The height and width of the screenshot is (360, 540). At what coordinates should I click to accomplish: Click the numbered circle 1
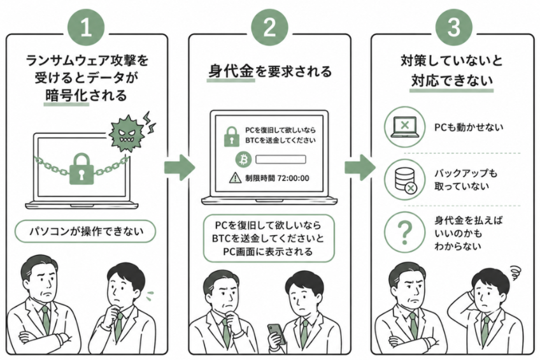pyautogui.click(x=86, y=27)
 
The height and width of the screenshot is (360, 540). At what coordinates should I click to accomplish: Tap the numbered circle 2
pyautogui.click(x=269, y=27)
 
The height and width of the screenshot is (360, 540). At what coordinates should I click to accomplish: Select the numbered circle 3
pyautogui.click(x=453, y=27)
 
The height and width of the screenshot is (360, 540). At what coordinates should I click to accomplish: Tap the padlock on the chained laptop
pyautogui.click(x=82, y=169)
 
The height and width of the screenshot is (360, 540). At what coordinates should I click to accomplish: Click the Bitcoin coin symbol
pyautogui.click(x=244, y=159)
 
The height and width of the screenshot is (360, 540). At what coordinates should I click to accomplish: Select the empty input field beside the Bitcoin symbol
pyautogui.click(x=281, y=159)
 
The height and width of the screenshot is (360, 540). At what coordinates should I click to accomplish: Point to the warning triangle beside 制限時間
pyautogui.click(x=235, y=178)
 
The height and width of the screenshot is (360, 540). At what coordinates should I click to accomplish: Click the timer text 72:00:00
pyautogui.click(x=293, y=178)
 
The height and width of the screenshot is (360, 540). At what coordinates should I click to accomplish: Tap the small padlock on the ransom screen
pyautogui.click(x=231, y=136)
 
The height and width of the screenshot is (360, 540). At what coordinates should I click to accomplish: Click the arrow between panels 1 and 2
pyautogui.click(x=180, y=168)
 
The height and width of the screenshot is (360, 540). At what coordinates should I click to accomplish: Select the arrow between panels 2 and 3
pyautogui.click(x=360, y=168)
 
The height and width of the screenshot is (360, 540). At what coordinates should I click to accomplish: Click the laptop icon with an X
pyautogui.click(x=404, y=127)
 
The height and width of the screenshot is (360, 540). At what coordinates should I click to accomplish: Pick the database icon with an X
pyautogui.click(x=404, y=180)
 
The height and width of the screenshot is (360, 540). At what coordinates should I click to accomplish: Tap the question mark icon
pyautogui.click(x=404, y=232)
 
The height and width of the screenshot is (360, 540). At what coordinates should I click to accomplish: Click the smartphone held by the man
pyautogui.click(x=276, y=333)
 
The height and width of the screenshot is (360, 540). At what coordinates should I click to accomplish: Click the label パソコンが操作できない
pyautogui.click(x=85, y=231)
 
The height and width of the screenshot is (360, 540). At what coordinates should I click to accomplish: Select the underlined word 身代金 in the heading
pyautogui.click(x=231, y=71)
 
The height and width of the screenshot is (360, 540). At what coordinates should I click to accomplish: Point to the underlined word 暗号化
pyautogui.click(x=66, y=96)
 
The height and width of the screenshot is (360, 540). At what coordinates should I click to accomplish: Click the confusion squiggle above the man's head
pyautogui.click(x=515, y=273)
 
